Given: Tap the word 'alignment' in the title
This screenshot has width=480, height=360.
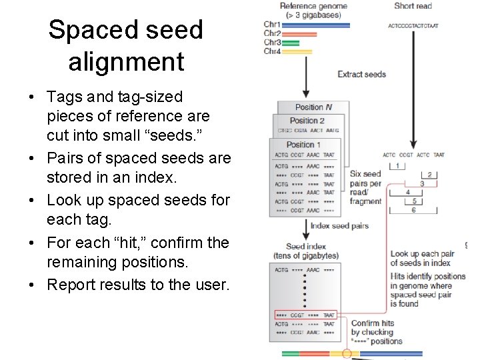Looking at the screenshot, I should [126, 61].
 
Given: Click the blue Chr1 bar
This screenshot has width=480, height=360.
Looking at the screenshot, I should [316, 25].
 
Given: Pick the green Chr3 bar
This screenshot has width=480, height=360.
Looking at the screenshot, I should [290, 43].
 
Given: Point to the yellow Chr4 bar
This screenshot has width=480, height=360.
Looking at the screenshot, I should [297, 51].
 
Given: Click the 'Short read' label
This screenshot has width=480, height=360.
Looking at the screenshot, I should [413, 6].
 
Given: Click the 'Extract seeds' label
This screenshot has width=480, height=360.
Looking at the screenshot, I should [361, 73].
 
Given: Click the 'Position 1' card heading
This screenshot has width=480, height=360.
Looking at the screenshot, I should [304, 144].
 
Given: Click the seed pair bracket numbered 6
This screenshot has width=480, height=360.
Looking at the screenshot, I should [413, 209].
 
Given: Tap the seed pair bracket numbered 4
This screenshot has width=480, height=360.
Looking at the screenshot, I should [408, 192].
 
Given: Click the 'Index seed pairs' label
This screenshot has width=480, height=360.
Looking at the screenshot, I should [339, 226].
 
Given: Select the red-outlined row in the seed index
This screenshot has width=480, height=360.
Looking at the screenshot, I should [305, 314].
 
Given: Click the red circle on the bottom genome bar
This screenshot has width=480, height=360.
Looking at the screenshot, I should [346, 354].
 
